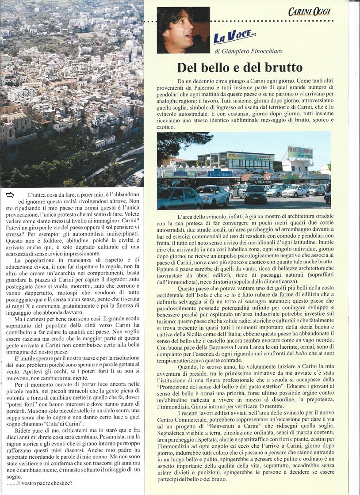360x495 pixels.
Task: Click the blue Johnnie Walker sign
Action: pyautogui.click(x=220, y=174)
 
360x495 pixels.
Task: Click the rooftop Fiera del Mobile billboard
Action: pyautogui.click(x=300, y=152)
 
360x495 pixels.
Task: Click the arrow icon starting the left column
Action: pyautogui.click(x=10, y=194)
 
